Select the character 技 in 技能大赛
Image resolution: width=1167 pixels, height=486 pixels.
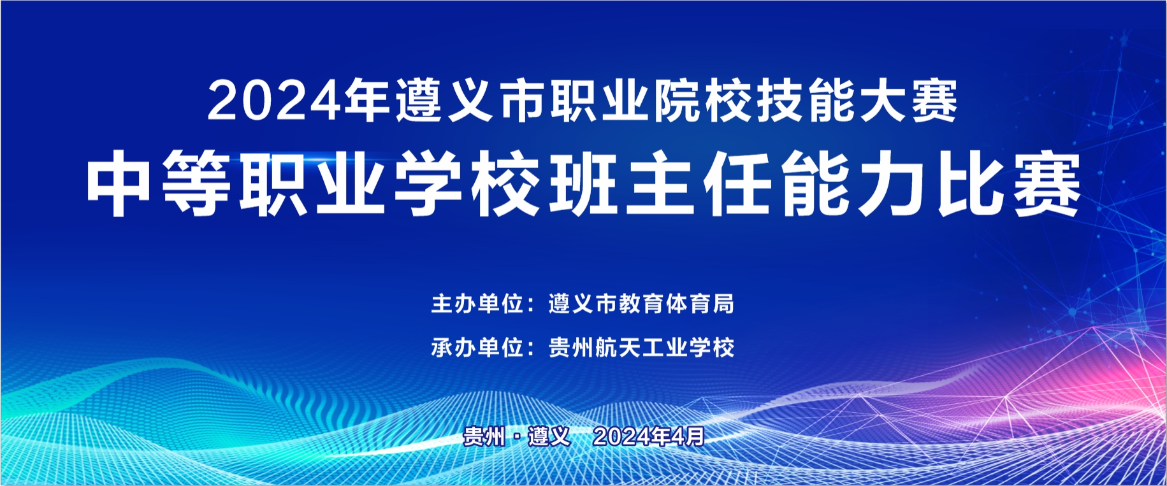tap(781, 101)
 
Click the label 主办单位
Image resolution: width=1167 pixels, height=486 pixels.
tap(477, 304)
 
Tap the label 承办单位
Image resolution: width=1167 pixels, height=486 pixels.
tap(477, 348)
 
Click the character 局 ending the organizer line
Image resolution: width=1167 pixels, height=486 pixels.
tap(723, 304)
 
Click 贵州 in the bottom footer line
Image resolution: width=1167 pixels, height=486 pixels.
tap(484, 436)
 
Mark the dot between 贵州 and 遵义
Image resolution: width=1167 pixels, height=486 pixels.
tap(517, 437)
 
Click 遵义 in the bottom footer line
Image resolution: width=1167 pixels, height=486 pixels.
tap(549, 436)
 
